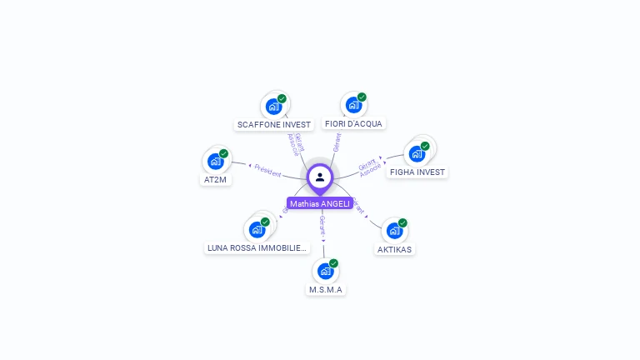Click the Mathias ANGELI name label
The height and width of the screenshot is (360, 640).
[320, 203]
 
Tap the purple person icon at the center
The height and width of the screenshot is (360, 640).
[320, 177]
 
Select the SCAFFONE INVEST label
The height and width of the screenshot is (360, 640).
[274, 124]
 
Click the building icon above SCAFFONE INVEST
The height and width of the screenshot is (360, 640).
[273, 106]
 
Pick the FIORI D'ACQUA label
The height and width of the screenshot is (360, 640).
[353, 123]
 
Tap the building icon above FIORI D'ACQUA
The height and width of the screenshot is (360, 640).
[353, 105]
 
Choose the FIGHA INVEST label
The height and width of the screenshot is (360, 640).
[417, 172]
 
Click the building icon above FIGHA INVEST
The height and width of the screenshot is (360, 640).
[417, 153]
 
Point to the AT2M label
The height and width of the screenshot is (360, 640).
[215, 179]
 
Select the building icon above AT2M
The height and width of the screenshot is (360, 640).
[216, 161]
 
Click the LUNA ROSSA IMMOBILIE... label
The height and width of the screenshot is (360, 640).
[257, 247]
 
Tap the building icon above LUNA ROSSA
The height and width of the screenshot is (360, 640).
[257, 229]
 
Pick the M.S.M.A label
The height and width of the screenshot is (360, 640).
[326, 289]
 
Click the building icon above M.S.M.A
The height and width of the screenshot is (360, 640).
[325, 271]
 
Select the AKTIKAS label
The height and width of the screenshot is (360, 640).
[394, 248]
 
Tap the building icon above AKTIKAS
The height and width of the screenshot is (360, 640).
[394, 230]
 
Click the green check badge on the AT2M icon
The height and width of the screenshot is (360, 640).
[223, 153]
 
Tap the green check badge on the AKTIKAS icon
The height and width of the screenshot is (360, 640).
[402, 222]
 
